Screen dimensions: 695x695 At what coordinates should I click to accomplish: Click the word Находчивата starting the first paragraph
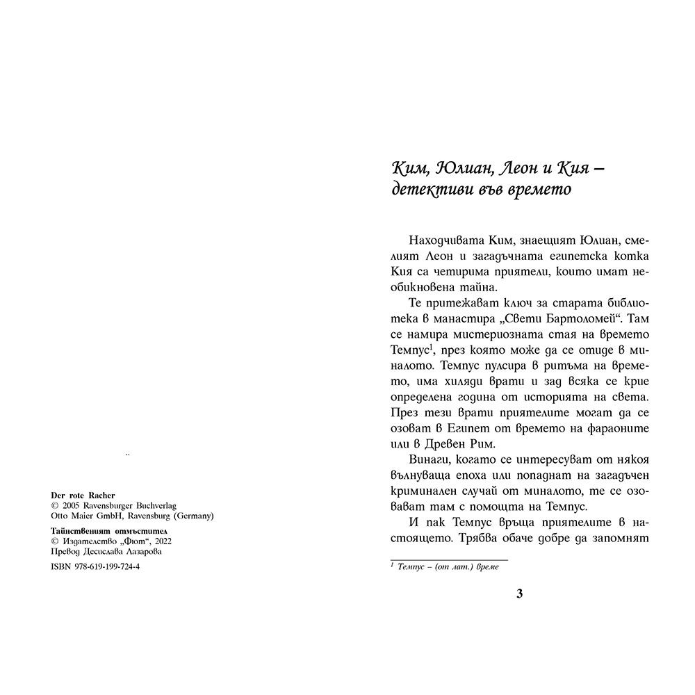[x=433, y=240]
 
